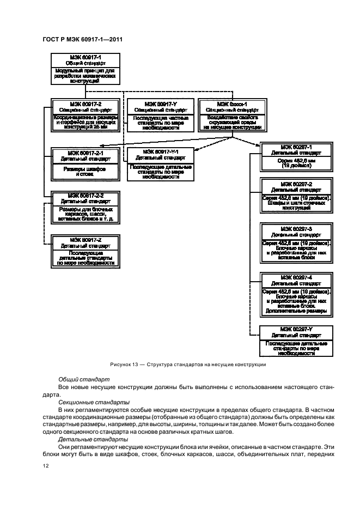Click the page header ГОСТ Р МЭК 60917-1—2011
click(78, 40)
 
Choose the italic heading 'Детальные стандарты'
click(85, 438)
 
